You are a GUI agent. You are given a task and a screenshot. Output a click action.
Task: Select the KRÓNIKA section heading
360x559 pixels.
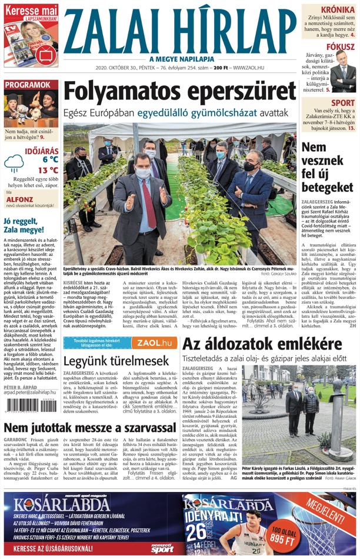click(337, 9)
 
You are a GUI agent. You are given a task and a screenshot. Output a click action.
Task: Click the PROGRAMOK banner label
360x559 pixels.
click(28, 85)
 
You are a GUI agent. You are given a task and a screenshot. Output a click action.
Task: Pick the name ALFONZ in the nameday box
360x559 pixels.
click(18, 199)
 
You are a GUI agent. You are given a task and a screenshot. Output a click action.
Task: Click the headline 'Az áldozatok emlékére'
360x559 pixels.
click(262, 344)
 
